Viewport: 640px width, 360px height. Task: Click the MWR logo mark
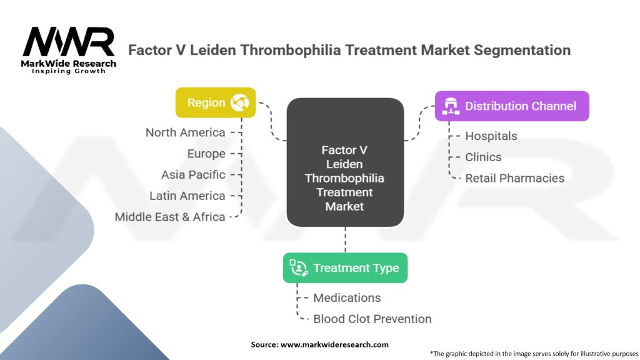[x=68, y=42]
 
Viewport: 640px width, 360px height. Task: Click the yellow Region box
[x=216, y=102]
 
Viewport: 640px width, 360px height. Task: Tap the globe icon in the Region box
[x=239, y=102]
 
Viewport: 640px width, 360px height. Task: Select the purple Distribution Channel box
[x=512, y=106]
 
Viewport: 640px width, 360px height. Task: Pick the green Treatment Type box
[x=345, y=268]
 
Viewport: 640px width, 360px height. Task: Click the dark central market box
[x=344, y=162]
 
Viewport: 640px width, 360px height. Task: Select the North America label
[x=185, y=132]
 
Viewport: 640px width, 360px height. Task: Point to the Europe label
[x=206, y=154]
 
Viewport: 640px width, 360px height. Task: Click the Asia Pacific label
[x=193, y=174]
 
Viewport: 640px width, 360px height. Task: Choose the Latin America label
[x=187, y=196]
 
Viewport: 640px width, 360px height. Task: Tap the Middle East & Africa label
[x=170, y=217]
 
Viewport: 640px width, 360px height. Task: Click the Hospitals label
[x=491, y=136]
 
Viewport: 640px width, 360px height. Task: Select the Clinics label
[x=483, y=157]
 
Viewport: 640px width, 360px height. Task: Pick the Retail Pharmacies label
[x=514, y=178]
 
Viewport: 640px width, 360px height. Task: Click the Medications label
[x=347, y=297]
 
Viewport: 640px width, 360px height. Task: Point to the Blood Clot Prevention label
[x=372, y=319]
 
